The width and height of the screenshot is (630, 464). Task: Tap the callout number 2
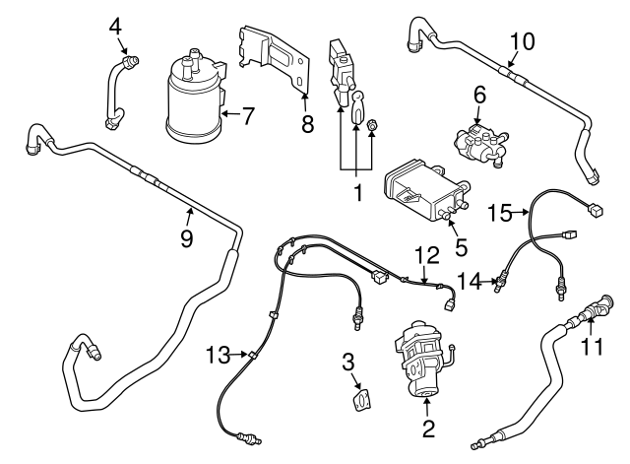coord(427,429)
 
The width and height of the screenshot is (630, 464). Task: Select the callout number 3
coord(348,361)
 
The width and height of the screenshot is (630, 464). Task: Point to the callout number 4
coord(116,27)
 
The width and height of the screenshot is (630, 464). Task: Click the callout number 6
coord(479,95)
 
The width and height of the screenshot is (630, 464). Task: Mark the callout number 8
coord(308,126)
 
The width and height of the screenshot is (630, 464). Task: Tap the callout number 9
coord(186,239)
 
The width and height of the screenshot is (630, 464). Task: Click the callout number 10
coord(523,40)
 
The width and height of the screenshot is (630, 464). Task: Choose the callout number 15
coord(501,212)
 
